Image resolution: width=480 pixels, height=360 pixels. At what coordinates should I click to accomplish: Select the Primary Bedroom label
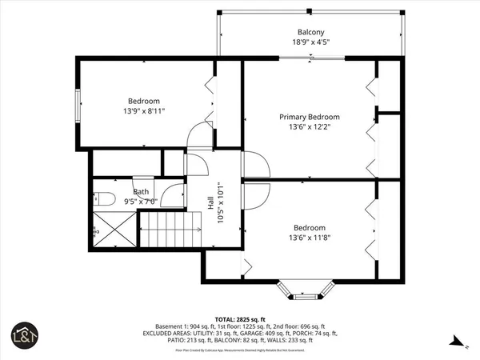tap(309, 117)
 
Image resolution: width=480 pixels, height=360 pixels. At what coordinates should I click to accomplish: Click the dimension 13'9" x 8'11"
tap(144, 113)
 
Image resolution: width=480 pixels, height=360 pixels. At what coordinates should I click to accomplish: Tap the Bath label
tap(141, 192)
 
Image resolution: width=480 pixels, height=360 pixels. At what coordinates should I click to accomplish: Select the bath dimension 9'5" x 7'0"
tap(141, 202)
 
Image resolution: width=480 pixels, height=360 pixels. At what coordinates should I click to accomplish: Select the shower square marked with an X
tap(113, 232)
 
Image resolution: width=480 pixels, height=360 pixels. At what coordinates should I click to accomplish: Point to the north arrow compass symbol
tap(456, 344)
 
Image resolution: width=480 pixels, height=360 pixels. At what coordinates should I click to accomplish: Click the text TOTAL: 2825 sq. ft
tap(240, 318)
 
